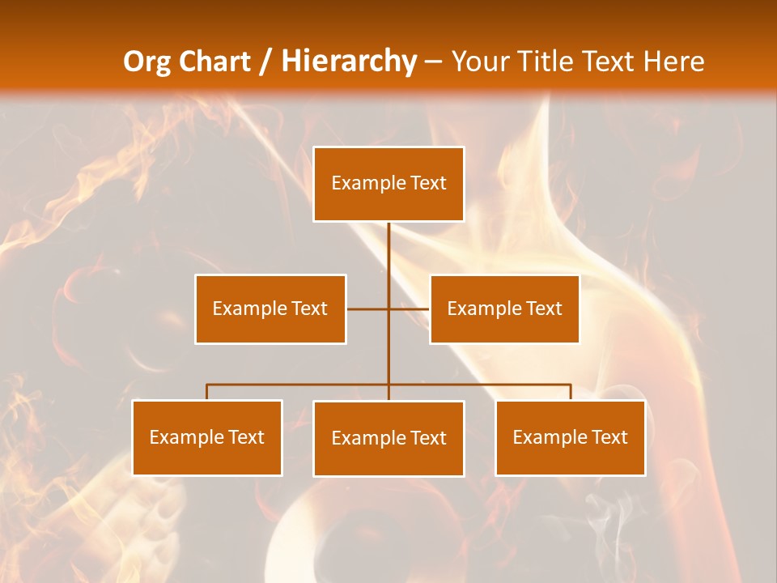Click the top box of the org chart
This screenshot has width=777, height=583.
388,184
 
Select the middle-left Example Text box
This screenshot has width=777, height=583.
270,309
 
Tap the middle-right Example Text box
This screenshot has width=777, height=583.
504,309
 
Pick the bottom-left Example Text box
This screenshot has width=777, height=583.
207,437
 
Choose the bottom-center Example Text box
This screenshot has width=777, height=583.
388,438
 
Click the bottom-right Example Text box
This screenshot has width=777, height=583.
570,437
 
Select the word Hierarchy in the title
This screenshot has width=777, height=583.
349,62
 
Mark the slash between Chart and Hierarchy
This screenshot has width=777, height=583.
265,62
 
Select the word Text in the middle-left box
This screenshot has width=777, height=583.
309,309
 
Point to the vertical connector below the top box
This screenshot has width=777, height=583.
388,259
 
